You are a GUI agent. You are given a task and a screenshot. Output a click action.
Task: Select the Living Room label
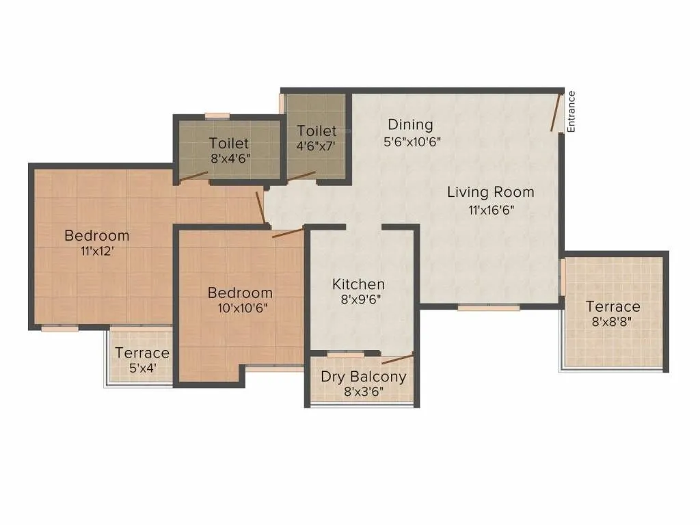click(490, 192)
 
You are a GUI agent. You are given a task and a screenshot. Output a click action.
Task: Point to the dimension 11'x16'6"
click(490, 211)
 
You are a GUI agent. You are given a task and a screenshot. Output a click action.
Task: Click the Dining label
click(410, 124)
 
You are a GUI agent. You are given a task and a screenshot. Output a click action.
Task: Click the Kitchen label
click(358, 284)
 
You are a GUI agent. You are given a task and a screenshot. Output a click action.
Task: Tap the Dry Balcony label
click(364, 377)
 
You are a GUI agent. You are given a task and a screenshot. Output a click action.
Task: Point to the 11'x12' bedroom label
click(96, 251)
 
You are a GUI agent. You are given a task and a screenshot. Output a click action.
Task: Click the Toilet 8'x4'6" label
click(229, 144)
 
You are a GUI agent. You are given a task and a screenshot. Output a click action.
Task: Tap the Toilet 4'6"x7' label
click(317, 131)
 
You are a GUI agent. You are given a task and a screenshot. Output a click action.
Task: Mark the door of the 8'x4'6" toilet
click(194, 175)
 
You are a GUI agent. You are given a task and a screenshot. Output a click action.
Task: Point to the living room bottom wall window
click(484, 308)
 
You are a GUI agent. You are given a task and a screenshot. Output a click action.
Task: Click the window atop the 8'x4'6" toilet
click(217, 116)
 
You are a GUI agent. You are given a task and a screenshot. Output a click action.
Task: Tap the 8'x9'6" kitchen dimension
click(358, 300)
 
